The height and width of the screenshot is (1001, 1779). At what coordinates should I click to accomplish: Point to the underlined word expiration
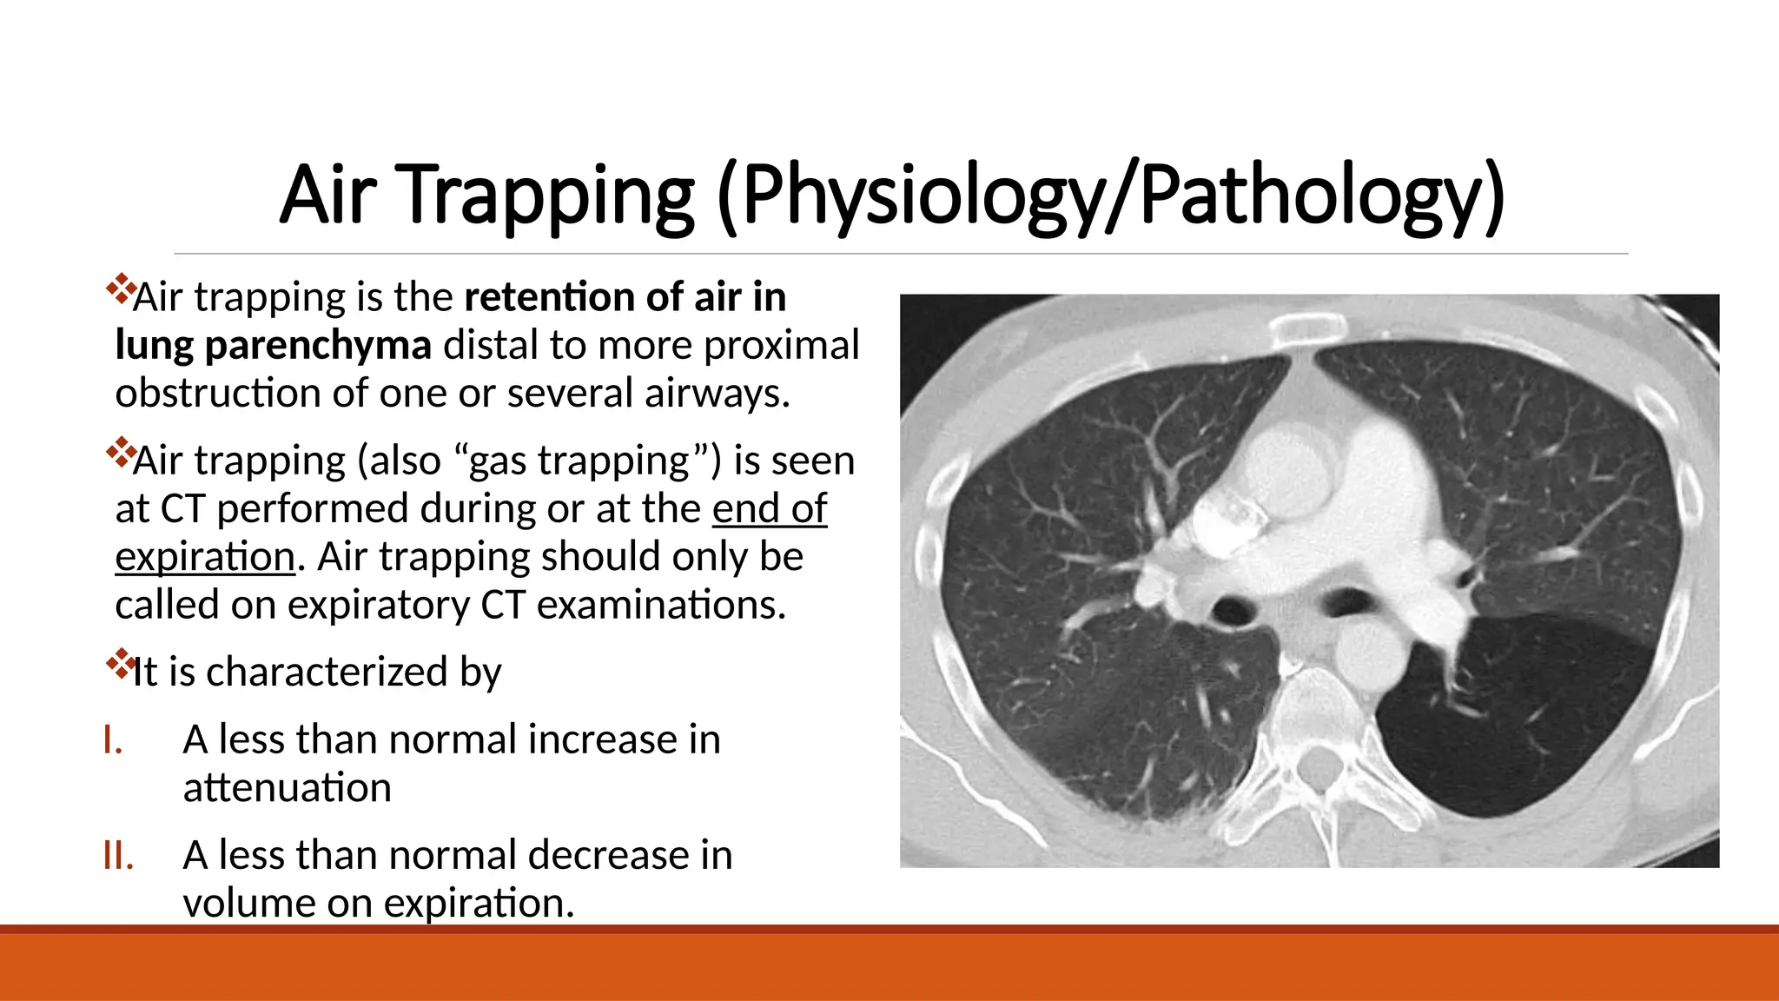[205, 557]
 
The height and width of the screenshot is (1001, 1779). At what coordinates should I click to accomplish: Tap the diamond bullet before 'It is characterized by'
[119, 665]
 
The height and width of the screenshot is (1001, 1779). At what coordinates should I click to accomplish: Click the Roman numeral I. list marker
[112, 740]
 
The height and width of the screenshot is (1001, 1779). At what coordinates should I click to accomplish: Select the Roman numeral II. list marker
[118, 856]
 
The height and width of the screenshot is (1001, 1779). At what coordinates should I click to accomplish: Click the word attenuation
[288, 788]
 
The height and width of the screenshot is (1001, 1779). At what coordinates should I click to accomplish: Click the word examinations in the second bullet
[661, 605]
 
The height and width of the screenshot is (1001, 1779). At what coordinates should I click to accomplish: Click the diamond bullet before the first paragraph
[119, 289]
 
